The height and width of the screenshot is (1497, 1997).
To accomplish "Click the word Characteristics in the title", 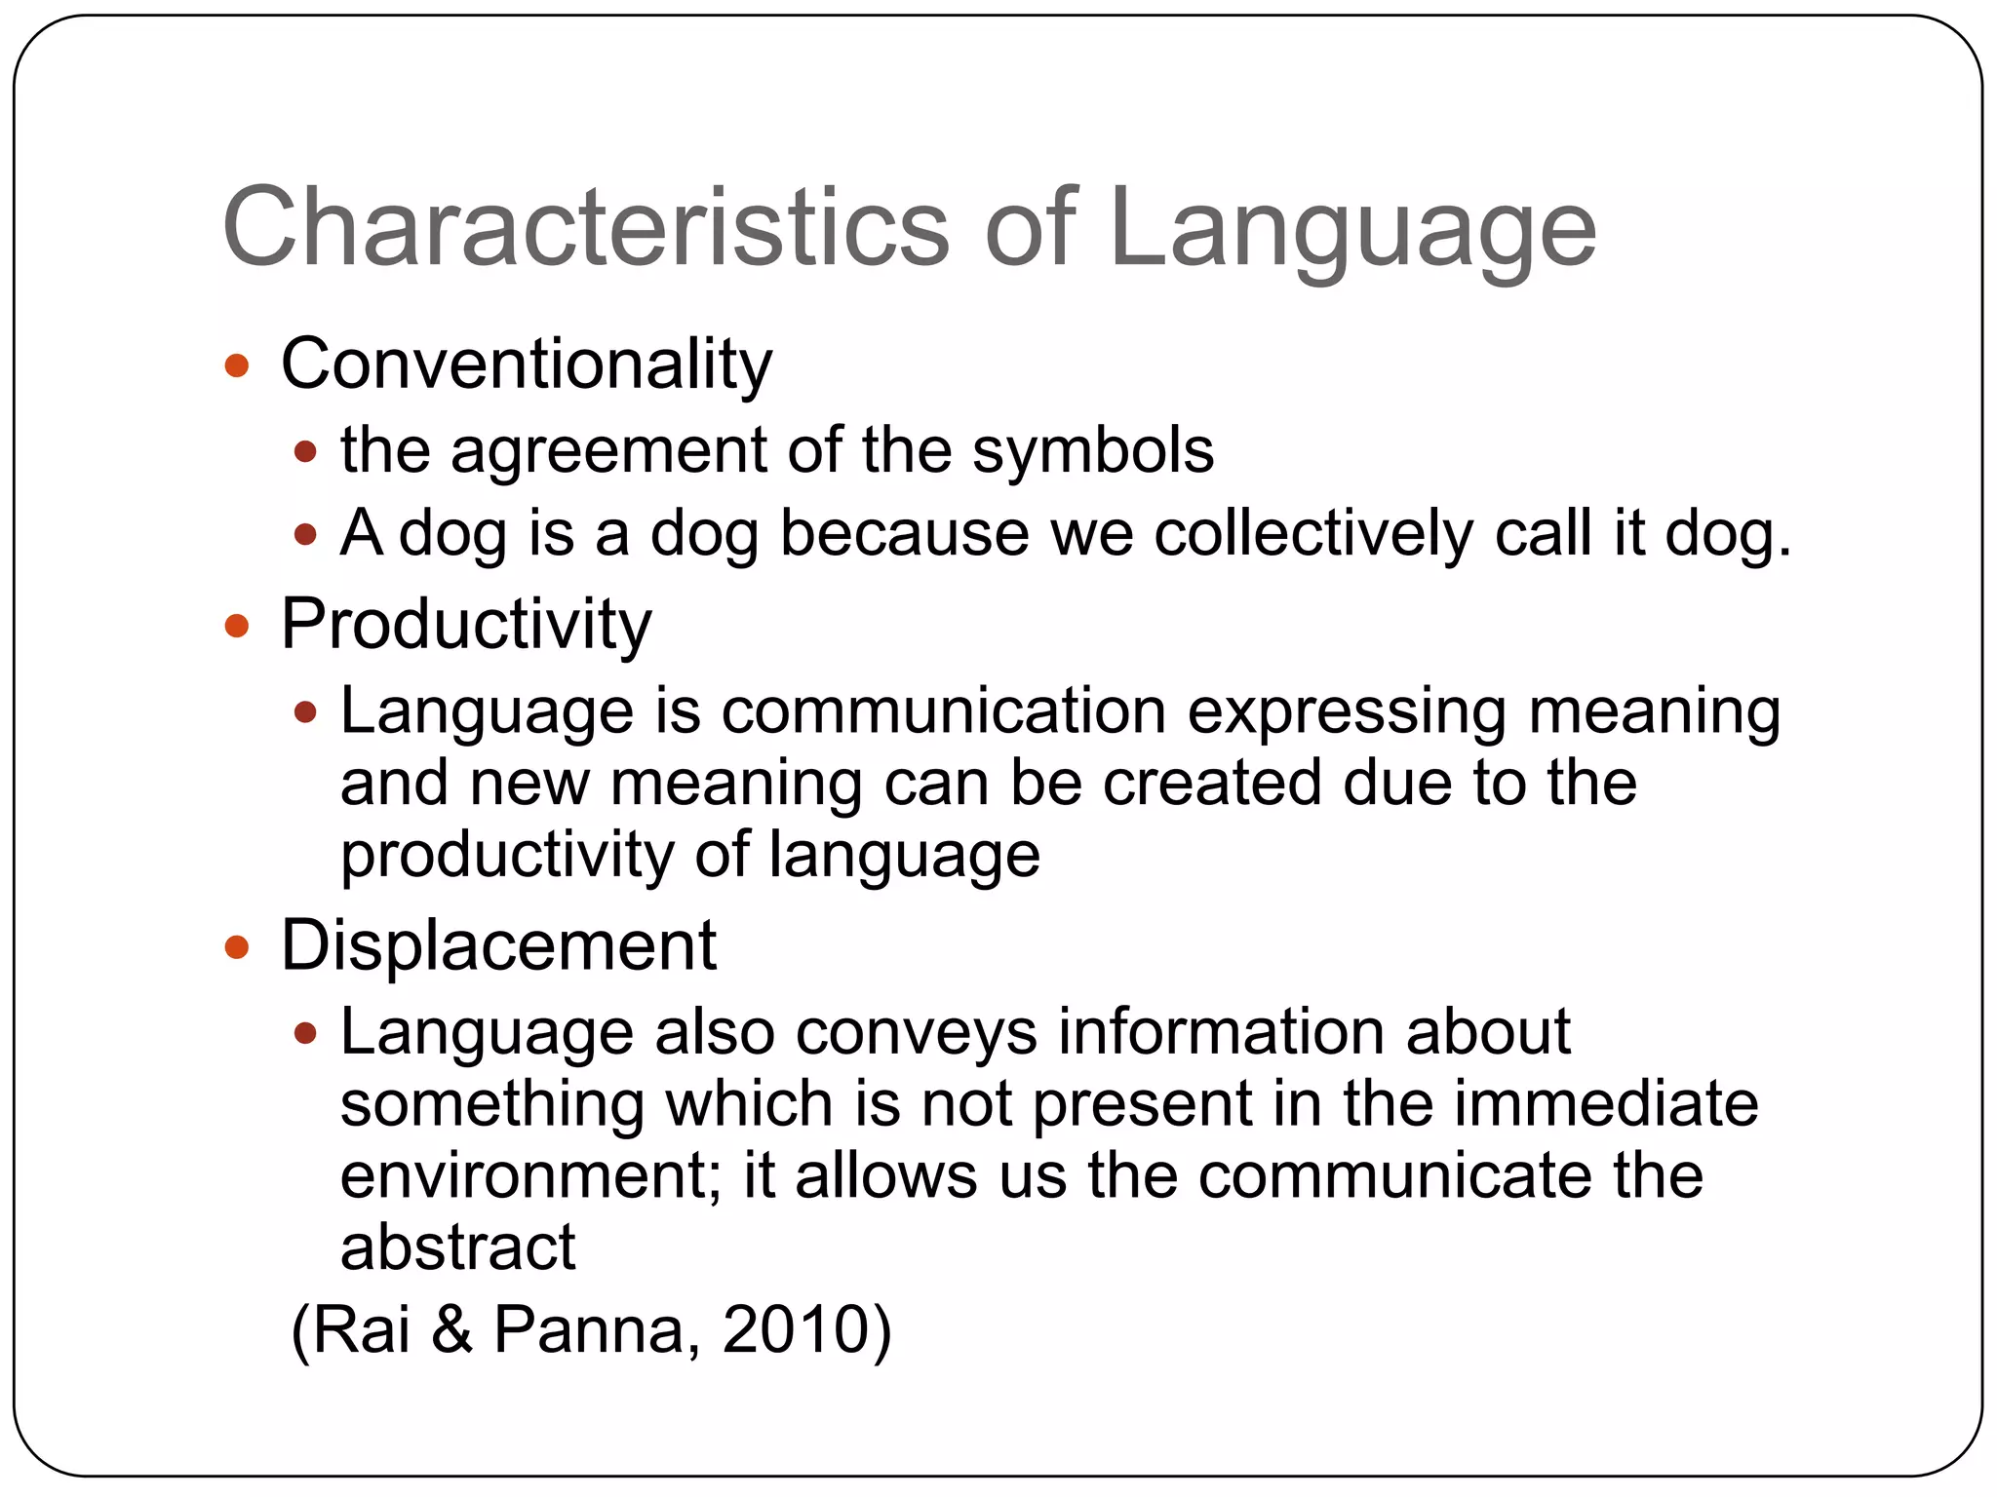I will pyautogui.click(x=585, y=228).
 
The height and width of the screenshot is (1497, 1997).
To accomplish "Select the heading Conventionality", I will pyautogui.click(x=527, y=365).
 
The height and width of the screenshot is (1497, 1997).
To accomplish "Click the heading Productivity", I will pyautogui.click(x=466, y=625).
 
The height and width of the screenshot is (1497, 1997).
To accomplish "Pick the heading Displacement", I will pyautogui.click(x=498, y=945).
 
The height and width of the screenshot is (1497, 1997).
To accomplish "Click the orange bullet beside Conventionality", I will pyautogui.click(x=237, y=366).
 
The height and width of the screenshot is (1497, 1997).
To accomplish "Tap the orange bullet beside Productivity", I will pyautogui.click(x=237, y=626).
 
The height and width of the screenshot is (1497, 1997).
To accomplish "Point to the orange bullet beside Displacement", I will pyautogui.click(x=237, y=946).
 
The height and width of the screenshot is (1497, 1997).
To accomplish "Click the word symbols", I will pyautogui.click(x=1092, y=452).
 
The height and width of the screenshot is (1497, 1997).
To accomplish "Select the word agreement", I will pyautogui.click(x=608, y=452).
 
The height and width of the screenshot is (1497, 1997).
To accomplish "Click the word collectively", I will pyautogui.click(x=1313, y=534).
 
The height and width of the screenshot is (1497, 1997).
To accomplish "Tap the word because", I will pyautogui.click(x=904, y=534).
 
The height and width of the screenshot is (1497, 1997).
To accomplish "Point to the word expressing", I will pyautogui.click(x=1347, y=712).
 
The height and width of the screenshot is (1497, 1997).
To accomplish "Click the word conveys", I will pyautogui.click(x=916, y=1032).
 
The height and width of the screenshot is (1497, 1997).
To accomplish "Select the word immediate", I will pyautogui.click(x=1598, y=1104).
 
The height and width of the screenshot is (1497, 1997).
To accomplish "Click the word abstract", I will pyautogui.click(x=457, y=1247).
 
